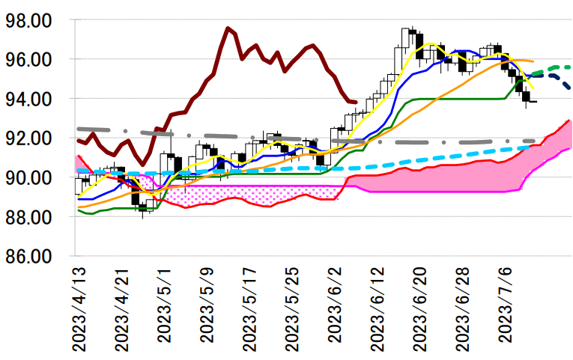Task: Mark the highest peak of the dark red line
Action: [x=227, y=28]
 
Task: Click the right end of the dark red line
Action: [x=355, y=103]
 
